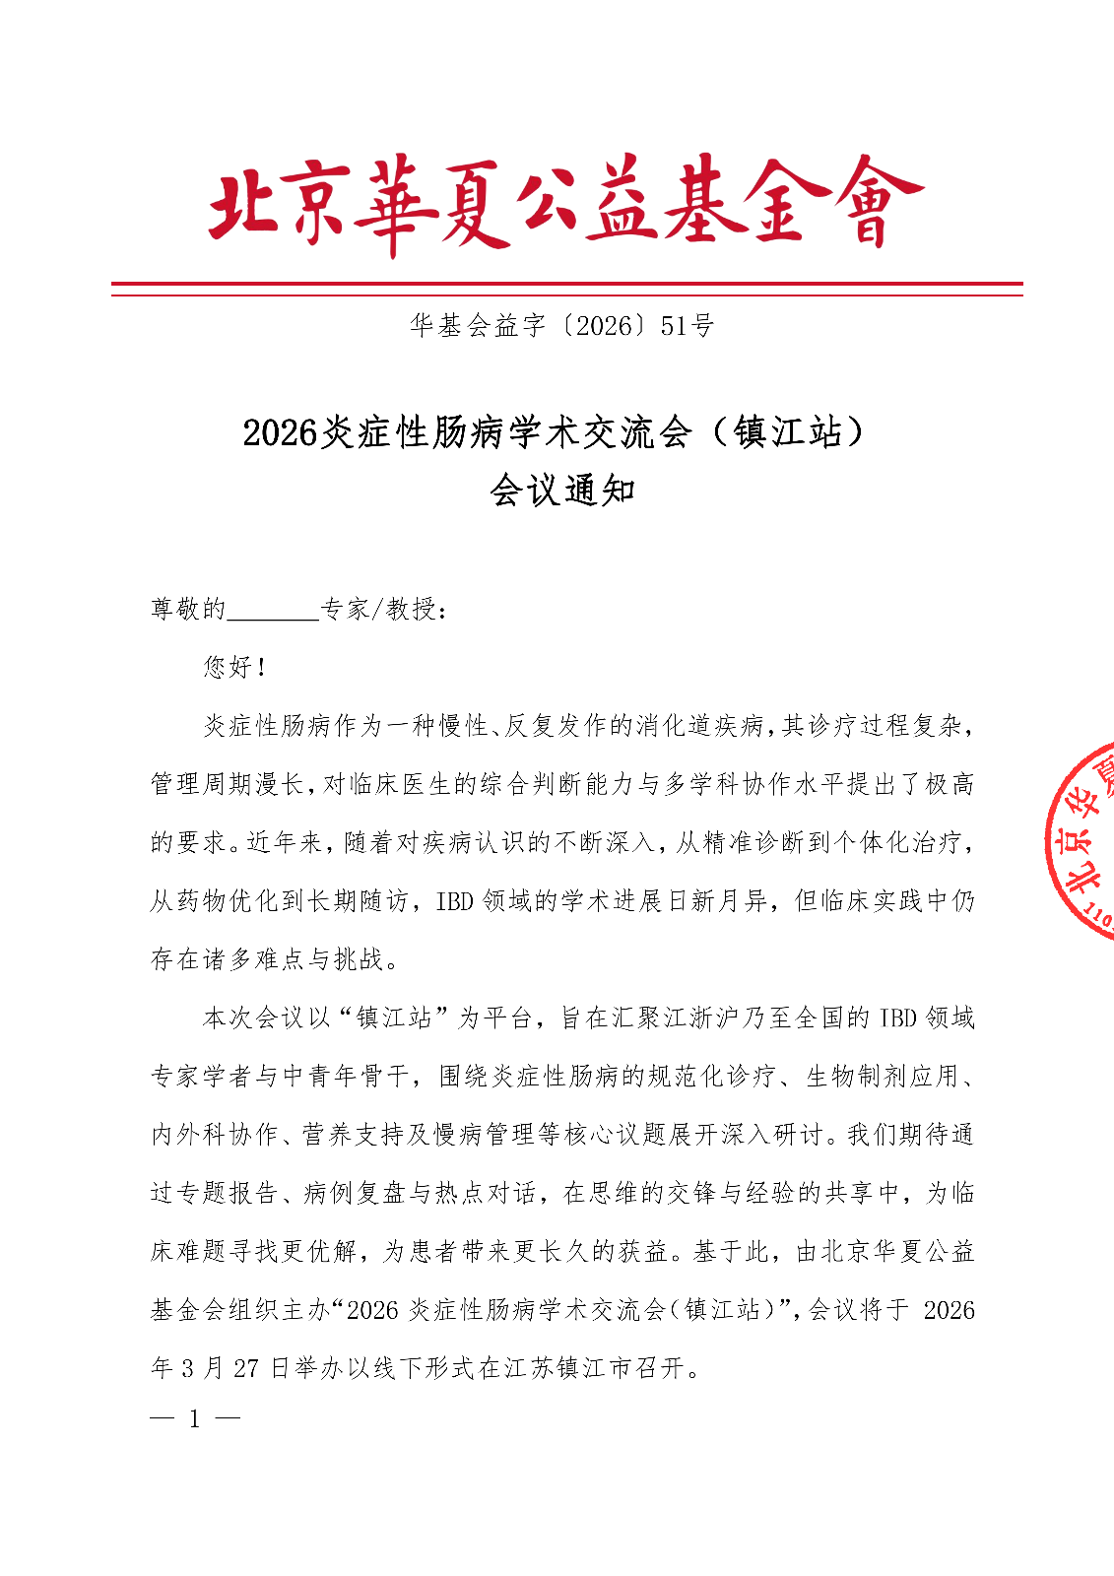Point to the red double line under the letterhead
566,289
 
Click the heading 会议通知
562,490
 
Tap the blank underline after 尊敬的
273,611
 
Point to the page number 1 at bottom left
195,1419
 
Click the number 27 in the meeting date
246,1368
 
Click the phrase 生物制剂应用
883,1077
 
